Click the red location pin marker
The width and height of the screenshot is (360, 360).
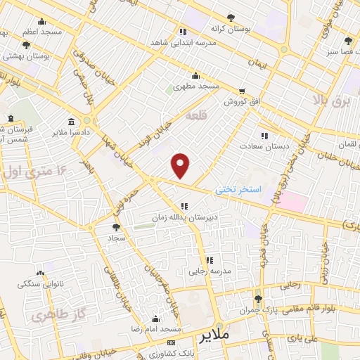[181, 166]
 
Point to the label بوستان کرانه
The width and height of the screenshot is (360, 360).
[228, 30]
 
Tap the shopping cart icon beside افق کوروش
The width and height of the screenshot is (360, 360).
[242, 91]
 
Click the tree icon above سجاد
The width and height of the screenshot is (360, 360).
[116, 226]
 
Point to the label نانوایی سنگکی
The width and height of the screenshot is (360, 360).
[39, 284]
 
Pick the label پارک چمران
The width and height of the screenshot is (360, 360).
[259, 310]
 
